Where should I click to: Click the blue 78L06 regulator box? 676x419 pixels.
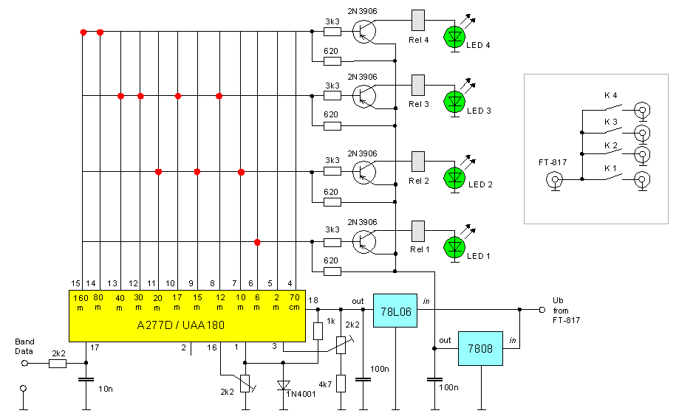396,312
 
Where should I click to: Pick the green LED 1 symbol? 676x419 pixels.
454,246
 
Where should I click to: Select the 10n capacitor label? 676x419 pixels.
105,388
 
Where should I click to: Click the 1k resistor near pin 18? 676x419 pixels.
318,330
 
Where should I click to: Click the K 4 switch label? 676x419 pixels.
610,95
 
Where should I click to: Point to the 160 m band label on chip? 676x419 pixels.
80,302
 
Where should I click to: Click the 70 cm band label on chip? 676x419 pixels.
294,302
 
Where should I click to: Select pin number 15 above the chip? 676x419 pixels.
75,283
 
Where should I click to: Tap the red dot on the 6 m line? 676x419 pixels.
257,242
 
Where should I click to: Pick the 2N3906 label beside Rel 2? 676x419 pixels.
362,153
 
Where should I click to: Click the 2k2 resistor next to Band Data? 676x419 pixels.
57,362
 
